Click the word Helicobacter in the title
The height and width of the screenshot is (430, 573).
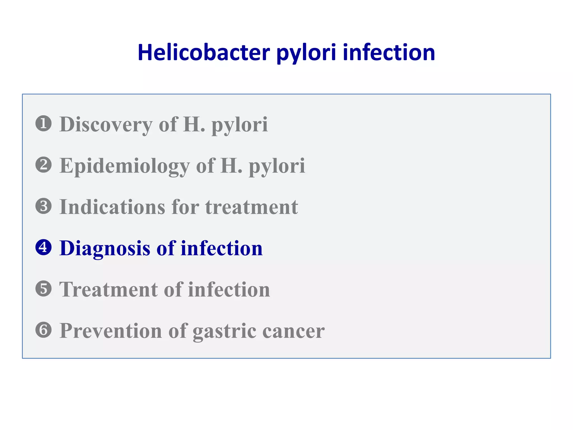point(204,53)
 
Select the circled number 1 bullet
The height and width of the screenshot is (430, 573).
point(44,123)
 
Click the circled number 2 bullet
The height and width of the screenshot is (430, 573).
point(44,165)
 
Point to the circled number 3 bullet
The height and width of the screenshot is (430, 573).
point(44,206)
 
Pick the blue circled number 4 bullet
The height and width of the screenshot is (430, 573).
point(44,247)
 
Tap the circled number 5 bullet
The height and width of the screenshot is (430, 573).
point(44,289)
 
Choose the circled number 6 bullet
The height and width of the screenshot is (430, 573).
point(44,330)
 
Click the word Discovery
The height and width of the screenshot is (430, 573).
point(106,125)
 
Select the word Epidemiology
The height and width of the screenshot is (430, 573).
point(125,166)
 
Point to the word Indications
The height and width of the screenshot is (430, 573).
point(112,207)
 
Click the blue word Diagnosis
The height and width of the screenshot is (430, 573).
point(105,249)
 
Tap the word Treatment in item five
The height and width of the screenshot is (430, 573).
point(108,289)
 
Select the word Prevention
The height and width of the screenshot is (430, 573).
point(111,331)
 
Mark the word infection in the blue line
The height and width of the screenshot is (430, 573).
point(221,249)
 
